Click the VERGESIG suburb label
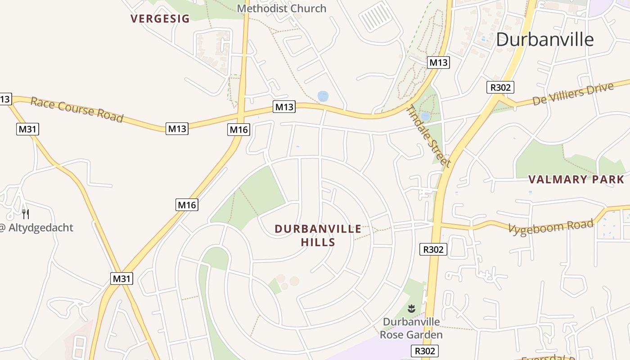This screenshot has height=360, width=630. [160, 18]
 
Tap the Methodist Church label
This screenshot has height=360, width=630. [281, 8]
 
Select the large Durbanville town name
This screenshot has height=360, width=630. [545, 40]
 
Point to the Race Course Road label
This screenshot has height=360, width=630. [76, 109]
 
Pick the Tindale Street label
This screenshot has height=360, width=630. [428, 136]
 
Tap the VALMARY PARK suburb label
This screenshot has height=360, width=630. [576, 180]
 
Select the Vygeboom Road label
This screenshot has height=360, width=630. [551, 226]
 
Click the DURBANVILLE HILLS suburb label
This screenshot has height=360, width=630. [318, 235]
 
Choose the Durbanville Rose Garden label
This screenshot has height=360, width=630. [411, 328]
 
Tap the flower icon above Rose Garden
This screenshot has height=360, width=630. [411, 309]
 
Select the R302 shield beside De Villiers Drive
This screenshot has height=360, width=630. [500, 87]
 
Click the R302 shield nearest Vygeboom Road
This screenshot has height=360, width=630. [433, 249]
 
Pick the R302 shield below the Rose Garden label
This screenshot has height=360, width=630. [425, 351]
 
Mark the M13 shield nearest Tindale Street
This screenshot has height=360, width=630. [438, 63]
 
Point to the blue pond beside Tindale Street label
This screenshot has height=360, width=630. [425, 117]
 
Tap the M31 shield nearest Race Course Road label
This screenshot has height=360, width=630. [28, 129]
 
